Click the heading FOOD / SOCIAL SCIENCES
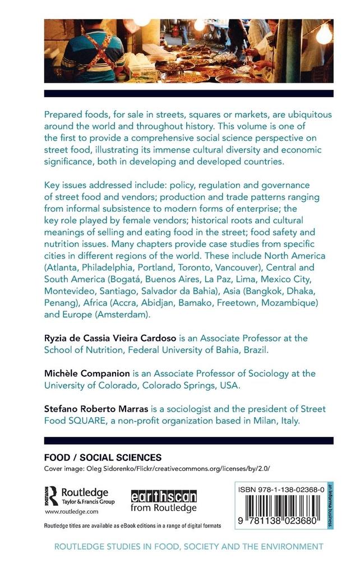pyautogui.click(x=103, y=457)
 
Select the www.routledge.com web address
pyautogui.click(x=71, y=511)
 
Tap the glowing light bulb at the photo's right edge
pyautogui.click(x=324, y=35)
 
